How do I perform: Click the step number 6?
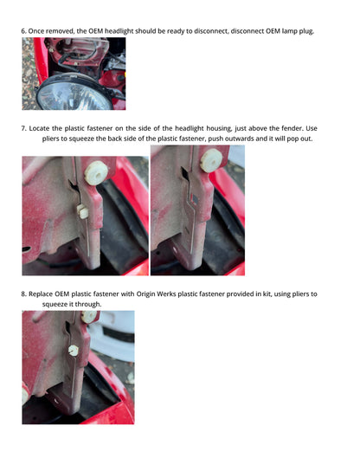point(23,31)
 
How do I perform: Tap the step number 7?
point(23,128)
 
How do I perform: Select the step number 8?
point(23,294)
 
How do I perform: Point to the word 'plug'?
point(306,31)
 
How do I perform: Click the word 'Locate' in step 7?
point(39,128)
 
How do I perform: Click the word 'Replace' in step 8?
point(41,294)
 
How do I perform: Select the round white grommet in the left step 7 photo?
point(96,173)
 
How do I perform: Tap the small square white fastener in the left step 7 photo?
point(82,211)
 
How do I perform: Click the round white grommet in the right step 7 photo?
point(212,161)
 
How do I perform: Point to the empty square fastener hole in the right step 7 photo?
point(194,198)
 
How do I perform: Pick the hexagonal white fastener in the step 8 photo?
point(74,351)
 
